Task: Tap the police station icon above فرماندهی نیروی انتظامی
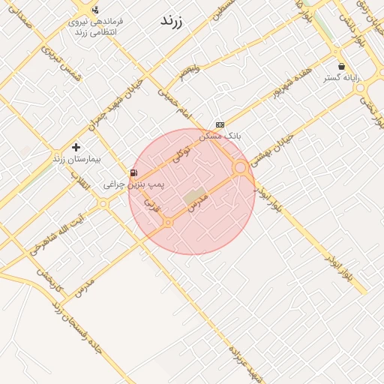click(95, 10)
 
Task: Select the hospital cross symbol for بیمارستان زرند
click(76, 147)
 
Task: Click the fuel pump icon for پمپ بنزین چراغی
click(134, 172)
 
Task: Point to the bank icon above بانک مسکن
click(220, 124)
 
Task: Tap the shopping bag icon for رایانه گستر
click(342, 66)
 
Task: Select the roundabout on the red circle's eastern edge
click(241, 169)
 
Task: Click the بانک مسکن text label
click(224, 136)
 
